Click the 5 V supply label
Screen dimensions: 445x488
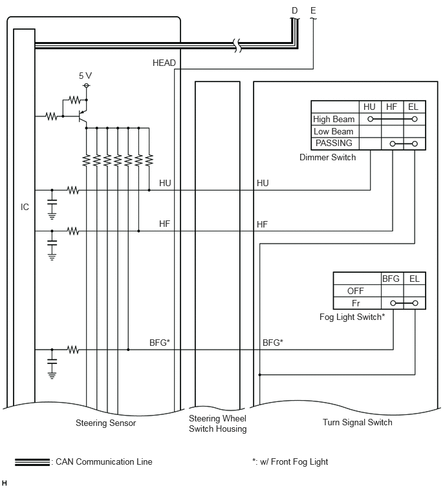pyautogui.click(x=85, y=76)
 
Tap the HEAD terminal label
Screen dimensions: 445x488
pyautogui.click(x=164, y=63)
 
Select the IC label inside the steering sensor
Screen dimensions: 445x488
pyautogui.click(x=25, y=207)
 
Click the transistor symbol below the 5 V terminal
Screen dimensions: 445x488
pyautogui.click(x=82, y=116)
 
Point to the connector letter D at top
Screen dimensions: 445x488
pyautogui.click(x=294, y=10)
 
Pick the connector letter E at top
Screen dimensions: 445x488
pyautogui.click(x=313, y=10)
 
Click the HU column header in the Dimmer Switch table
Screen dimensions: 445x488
pyautogui.click(x=369, y=107)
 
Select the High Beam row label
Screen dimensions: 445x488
pyautogui.click(x=334, y=119)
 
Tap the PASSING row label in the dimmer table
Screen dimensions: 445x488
pyautogui.click(x=334, y=143)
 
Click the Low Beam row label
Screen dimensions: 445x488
pyautogui.click(x=333, y=131)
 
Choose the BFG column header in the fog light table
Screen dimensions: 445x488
pyautogui.click(x=391, y=279)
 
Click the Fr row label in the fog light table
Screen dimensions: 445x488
pyautogui.click(x=356, y=303)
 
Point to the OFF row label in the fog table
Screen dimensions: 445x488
pyautogui.click(x=355, y=291)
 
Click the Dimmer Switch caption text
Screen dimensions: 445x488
pyautogui.click(x=327, y=157)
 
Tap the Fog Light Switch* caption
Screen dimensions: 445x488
pyautogui.click(x=353, y=317)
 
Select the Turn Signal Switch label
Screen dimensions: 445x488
pyautogui.click(x=358, y=422)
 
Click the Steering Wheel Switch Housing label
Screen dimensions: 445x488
pyautogui.click(x=218, y=423)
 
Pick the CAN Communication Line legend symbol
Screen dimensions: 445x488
pyautogui.click(x=32, y=462)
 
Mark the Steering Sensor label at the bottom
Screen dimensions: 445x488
pyautogui.click(x=106, y=423)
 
